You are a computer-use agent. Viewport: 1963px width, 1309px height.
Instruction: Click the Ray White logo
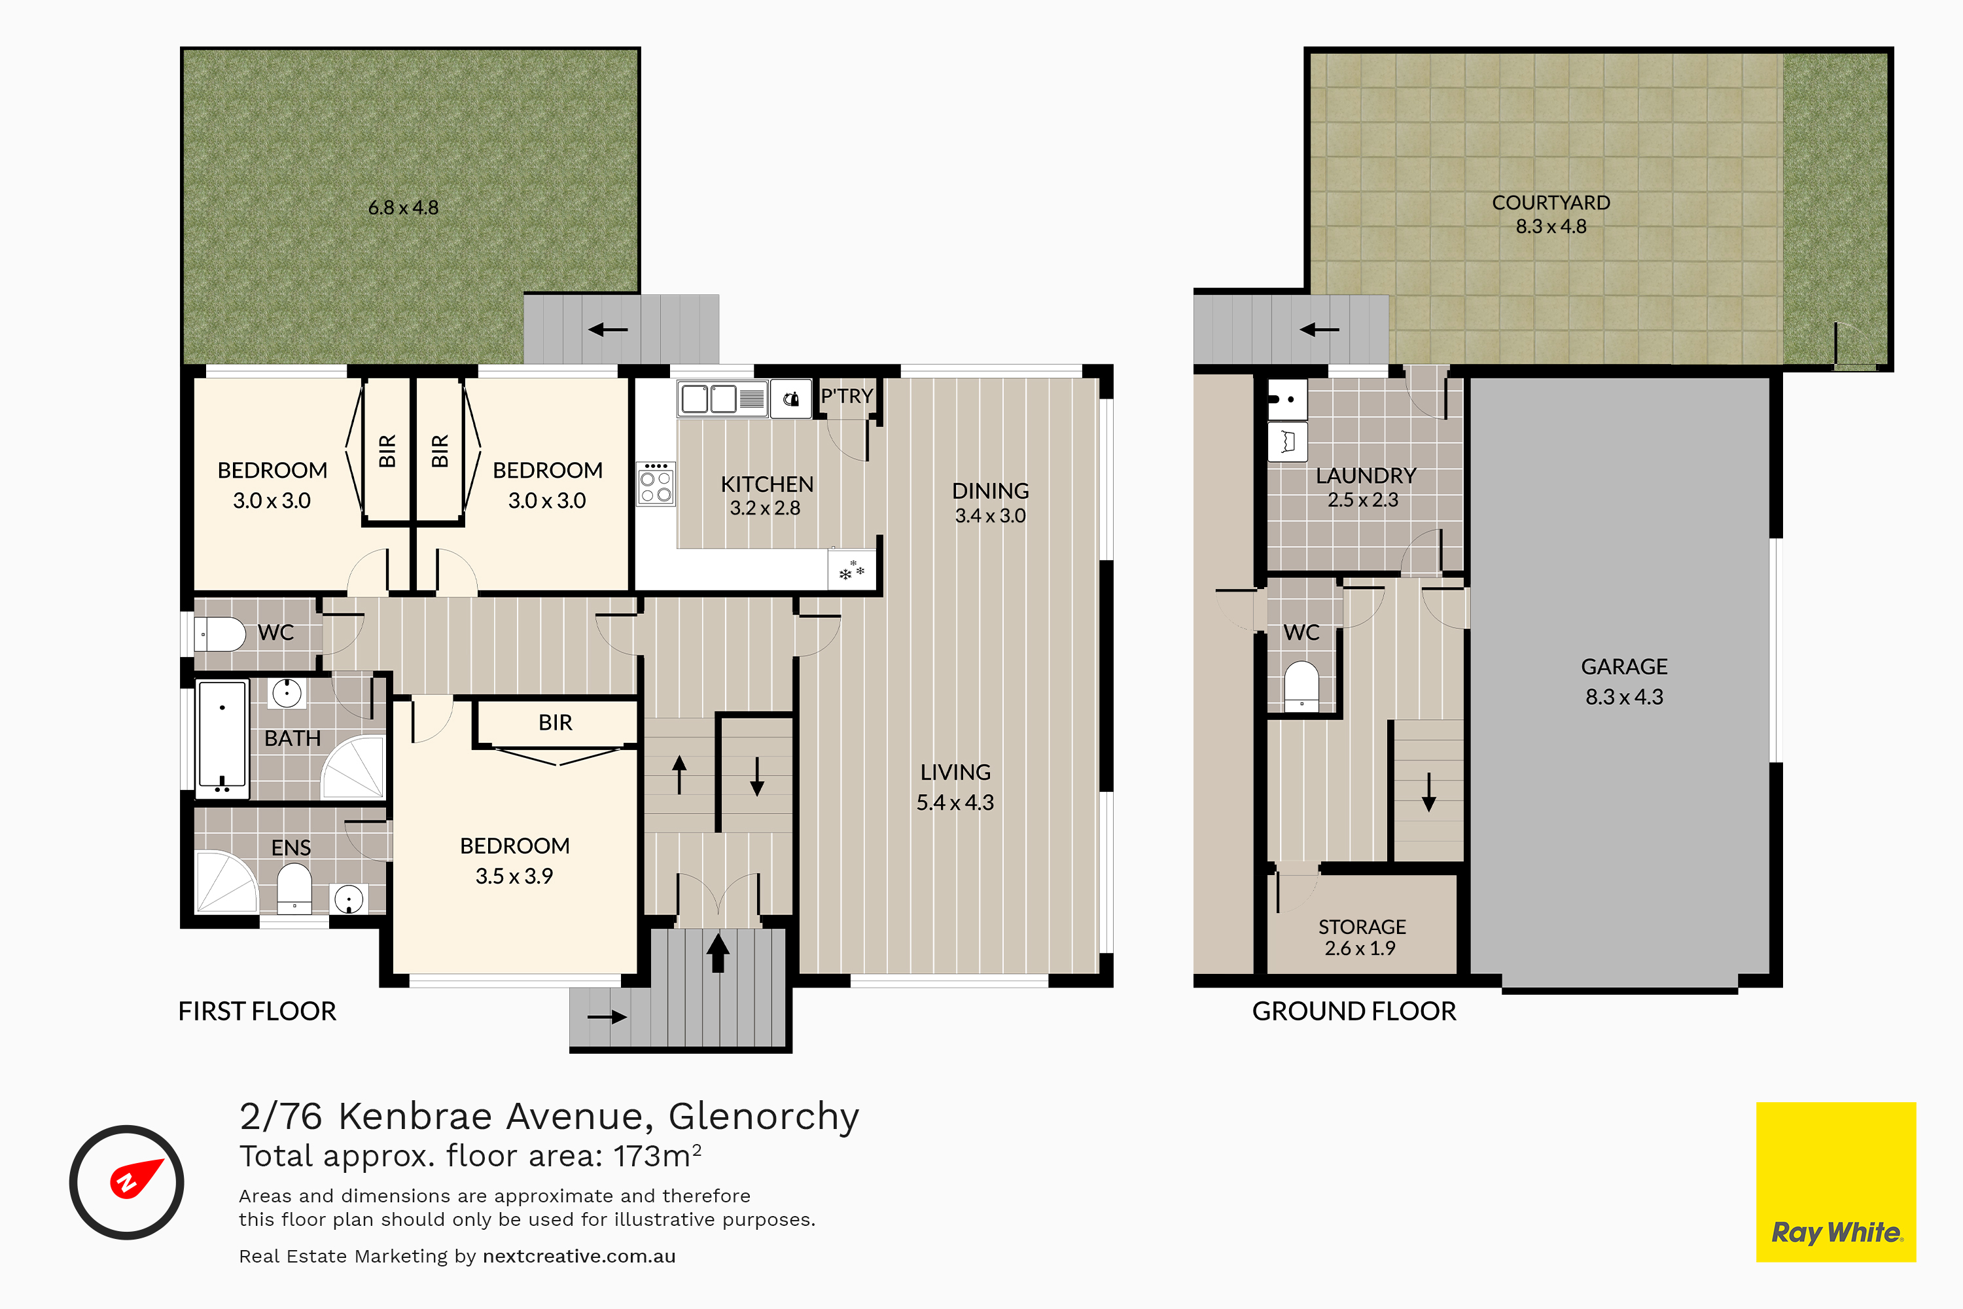point(1836,1182)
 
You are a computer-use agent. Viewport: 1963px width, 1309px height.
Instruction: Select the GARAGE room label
point(1624,667)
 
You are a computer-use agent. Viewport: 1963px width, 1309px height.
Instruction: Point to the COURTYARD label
point(1551,203)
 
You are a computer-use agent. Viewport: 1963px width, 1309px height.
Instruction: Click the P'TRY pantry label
point(846,396)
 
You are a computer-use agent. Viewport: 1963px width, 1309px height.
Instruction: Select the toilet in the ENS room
point(294,888)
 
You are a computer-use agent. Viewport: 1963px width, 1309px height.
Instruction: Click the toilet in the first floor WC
point(219,634)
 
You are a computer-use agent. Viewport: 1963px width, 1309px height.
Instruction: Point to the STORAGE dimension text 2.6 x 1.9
point(1360,948)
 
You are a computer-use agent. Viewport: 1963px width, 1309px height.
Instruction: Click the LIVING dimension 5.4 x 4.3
point(955,803)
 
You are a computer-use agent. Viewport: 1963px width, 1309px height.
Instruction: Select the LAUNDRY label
point(1366,476)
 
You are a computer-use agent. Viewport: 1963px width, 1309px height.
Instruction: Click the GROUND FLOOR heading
point(1354,1012)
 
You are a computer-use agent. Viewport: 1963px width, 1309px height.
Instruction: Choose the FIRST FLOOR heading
point(257,1012)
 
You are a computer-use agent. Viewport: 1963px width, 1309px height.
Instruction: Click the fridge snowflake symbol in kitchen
point(851,571)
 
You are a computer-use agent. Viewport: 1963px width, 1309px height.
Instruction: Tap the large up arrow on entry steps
point(718,952)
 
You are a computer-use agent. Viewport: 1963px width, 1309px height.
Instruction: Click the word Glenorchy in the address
point(764,1116)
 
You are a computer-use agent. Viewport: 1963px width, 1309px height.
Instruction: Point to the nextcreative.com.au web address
point(579,1257)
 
